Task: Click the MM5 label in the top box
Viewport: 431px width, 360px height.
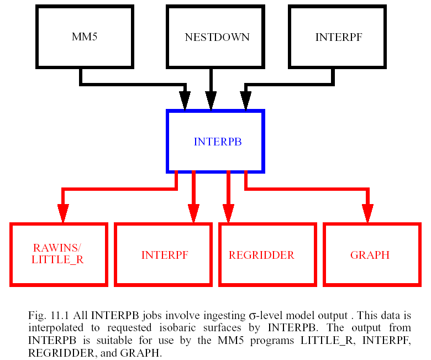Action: click(x=85, y=37)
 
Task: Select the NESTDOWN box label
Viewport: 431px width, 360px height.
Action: click(x=217, y=38)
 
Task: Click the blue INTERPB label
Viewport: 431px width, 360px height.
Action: click(x=218, y=142)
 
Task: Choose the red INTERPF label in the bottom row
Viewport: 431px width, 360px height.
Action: click(x=165, y=255)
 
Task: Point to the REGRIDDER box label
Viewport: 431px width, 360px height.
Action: click(x=261, y=255)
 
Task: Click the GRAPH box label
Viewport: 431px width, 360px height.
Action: click(x=370, y=255)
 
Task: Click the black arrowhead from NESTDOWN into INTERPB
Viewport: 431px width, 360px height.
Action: click(x=211, y=100)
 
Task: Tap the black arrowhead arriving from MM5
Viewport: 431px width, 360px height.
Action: click(x=185, y=100)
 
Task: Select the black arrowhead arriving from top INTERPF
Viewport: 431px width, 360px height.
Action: click(x=246, y=100)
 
